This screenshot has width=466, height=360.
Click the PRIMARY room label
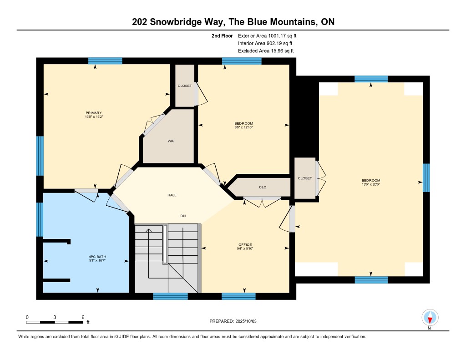click(94, 113)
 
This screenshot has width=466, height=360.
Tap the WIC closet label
click(171, 141)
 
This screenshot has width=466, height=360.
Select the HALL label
click(172, 195)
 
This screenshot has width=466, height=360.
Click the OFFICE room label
click(245, 245)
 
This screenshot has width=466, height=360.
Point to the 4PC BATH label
click(97, 257)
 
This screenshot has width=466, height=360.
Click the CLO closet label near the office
click(263, 188)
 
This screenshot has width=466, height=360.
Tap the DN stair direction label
click(183, 216)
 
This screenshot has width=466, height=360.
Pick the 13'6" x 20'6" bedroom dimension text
click(371, 184)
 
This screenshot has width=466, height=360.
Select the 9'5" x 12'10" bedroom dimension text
click(244, 127)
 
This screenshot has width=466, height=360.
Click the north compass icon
click(430, 318)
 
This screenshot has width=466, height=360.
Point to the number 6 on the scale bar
click(83, 317)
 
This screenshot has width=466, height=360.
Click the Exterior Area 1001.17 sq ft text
click(267, 35)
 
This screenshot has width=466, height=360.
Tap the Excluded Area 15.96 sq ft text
click(266, 51)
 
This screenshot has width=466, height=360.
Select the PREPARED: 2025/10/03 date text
click(233, 321)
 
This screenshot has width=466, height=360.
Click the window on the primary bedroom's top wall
click(105, 61)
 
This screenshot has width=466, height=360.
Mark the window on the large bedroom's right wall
click(426, 178)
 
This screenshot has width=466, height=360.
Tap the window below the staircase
click(170, 296)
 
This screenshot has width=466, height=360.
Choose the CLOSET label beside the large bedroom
click(305, 178)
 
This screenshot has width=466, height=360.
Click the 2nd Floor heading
click(222, 35)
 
